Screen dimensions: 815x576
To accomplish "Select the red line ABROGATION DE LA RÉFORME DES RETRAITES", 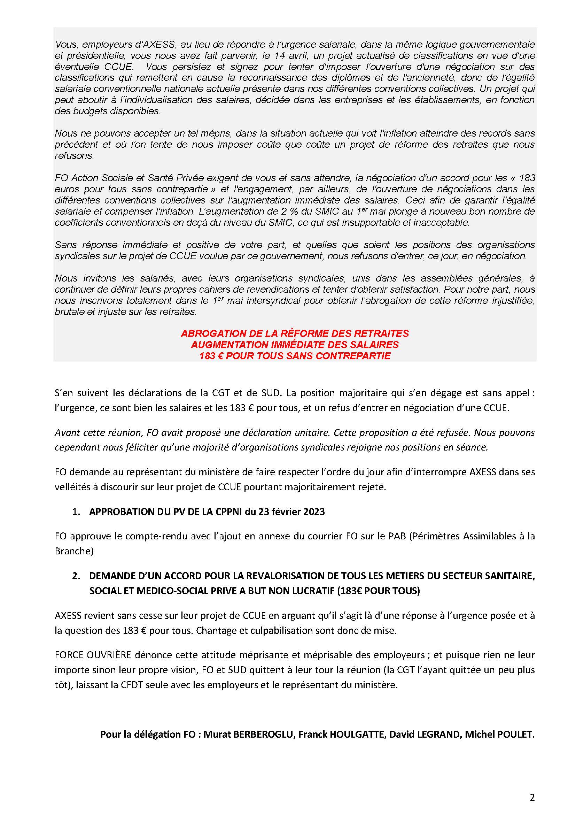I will point(295,333).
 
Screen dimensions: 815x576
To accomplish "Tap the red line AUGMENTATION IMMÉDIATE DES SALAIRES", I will point(295,344).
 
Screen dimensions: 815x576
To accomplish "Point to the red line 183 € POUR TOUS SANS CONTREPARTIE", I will point(295,356).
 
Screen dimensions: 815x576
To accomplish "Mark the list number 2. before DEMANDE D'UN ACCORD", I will point(76,576).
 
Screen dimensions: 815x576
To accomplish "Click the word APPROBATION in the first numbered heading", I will point(118,512).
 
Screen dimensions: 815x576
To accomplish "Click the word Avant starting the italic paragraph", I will point(65,433).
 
